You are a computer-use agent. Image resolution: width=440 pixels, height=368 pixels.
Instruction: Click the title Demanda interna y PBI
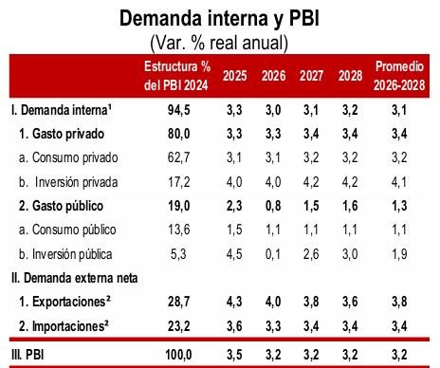pyautogui.click(x=219, y=18)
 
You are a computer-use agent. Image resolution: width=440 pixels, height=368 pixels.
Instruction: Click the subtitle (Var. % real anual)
pyautogui.click(x=219, y=43)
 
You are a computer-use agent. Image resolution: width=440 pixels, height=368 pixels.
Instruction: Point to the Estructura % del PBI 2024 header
pyautogui.click(x=176, y=75)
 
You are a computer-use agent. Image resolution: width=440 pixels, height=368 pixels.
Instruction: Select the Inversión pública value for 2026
pyautogui.click(x=272, y=253)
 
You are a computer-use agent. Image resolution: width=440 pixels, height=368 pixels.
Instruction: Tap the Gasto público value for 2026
pyautogui.click(x=272, y=204)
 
